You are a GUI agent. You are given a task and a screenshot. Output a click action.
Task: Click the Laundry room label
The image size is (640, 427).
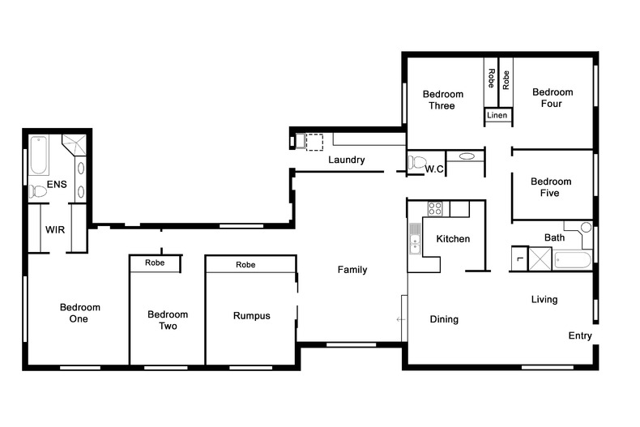[347, 160]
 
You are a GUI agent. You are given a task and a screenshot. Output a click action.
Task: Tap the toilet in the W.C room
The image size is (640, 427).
[416, 163]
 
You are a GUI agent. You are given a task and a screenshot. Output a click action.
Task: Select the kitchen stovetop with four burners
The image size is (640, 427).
[435, 208]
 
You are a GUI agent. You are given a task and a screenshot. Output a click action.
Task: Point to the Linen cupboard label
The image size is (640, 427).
[497, 115]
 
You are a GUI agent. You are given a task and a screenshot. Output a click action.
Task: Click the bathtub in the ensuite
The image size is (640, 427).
[39, 155]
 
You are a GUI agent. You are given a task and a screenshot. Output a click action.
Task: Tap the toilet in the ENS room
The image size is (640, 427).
[37, 191]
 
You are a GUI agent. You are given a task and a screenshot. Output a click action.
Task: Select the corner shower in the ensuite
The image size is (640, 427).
[75, 144]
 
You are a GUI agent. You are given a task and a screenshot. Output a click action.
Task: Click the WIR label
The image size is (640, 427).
[55, 230]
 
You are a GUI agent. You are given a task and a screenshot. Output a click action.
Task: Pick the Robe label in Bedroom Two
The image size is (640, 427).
[155, 263]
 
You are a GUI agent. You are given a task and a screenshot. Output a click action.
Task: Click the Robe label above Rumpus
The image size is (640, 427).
[245, 264]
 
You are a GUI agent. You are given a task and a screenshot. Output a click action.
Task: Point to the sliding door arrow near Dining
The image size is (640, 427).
[400, 319]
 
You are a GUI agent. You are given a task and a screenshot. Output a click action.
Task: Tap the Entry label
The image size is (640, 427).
[580, 335]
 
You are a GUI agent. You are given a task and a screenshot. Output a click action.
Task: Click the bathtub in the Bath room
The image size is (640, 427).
[572, 260]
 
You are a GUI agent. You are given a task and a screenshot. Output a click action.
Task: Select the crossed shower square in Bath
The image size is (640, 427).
[540, 258]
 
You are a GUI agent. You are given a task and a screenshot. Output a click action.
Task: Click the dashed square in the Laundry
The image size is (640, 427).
[314, 142]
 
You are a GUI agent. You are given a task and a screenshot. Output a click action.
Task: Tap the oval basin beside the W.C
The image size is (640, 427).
[467, 156]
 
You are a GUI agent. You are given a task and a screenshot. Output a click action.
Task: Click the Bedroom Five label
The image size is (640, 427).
[551, 187]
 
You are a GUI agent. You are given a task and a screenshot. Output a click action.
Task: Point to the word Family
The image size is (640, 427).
[352, 270]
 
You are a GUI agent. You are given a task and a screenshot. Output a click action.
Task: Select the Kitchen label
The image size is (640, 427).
[453, 239]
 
